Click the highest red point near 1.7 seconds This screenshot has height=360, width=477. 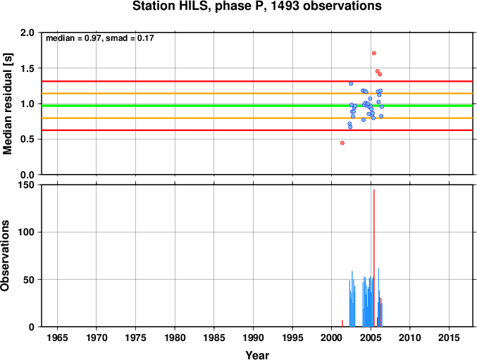374,54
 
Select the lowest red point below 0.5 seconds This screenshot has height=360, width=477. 342,143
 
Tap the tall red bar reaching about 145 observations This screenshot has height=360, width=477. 374,258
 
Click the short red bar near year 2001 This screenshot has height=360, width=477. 342,323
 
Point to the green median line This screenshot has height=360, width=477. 257,106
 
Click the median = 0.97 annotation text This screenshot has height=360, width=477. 73,38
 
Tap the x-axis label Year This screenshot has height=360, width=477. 257,355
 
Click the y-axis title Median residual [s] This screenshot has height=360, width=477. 7,104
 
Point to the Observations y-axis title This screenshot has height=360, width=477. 5,256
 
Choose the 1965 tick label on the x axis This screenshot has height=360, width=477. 57,337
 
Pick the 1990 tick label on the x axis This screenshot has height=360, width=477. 253,337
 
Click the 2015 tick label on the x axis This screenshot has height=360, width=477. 449,337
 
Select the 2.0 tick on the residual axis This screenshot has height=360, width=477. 27,32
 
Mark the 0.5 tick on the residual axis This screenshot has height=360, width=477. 27,139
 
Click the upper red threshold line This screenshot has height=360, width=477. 257,81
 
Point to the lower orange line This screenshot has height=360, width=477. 257,118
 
